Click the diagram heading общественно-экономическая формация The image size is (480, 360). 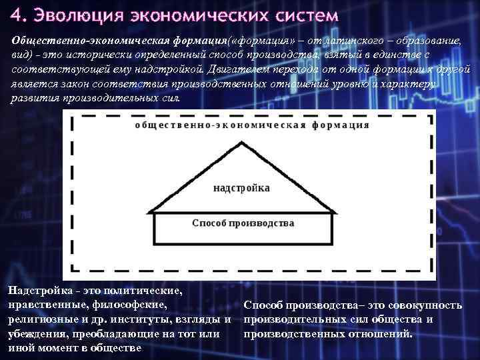[252, 125]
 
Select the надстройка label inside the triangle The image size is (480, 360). [241, 188]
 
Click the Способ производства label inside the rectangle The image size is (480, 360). [243, 223]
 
